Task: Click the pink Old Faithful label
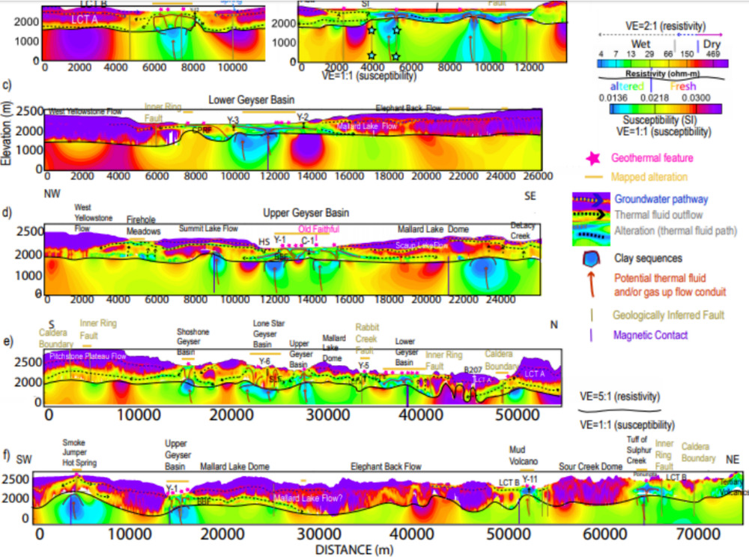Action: pos(318,229)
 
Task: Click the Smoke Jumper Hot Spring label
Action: pos(79,453)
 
